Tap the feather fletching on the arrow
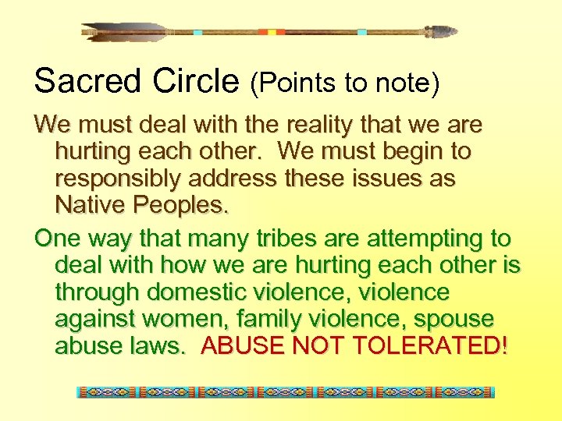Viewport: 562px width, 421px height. point(125,32)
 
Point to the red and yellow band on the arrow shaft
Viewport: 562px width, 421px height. point(272,32)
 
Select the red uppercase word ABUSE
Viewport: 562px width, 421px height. point(243,346)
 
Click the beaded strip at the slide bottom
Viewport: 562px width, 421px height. point(286,392)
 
